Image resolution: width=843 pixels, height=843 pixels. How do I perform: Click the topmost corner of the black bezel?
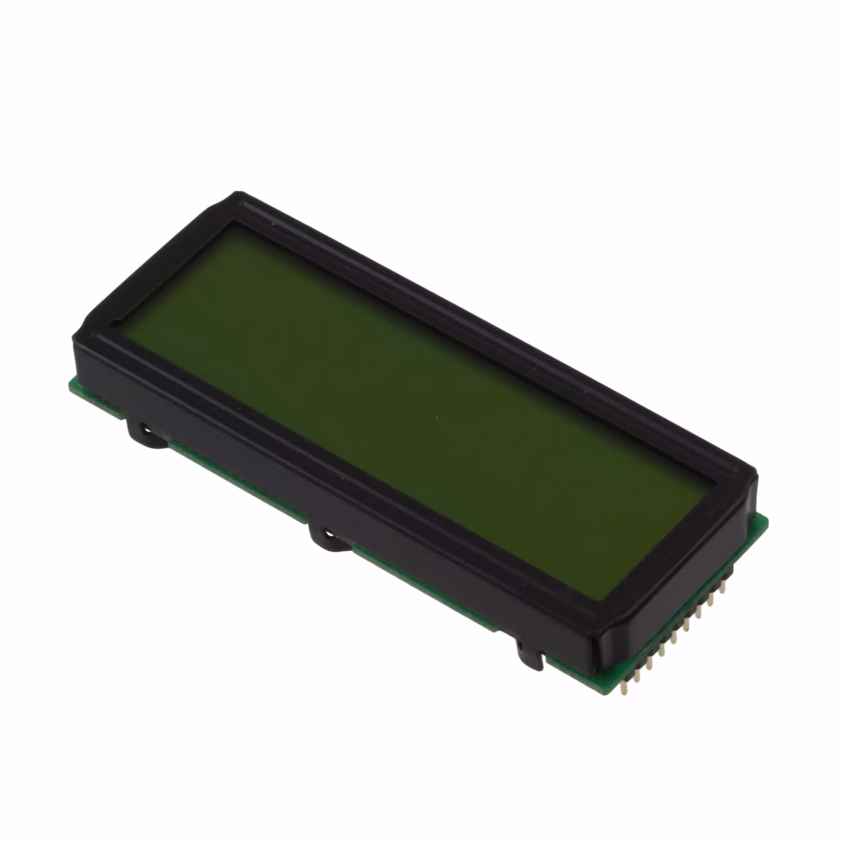(238, 192)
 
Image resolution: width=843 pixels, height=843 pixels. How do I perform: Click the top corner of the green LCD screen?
(235, 225)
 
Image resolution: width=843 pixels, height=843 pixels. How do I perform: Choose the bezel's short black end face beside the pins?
(672, 611)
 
